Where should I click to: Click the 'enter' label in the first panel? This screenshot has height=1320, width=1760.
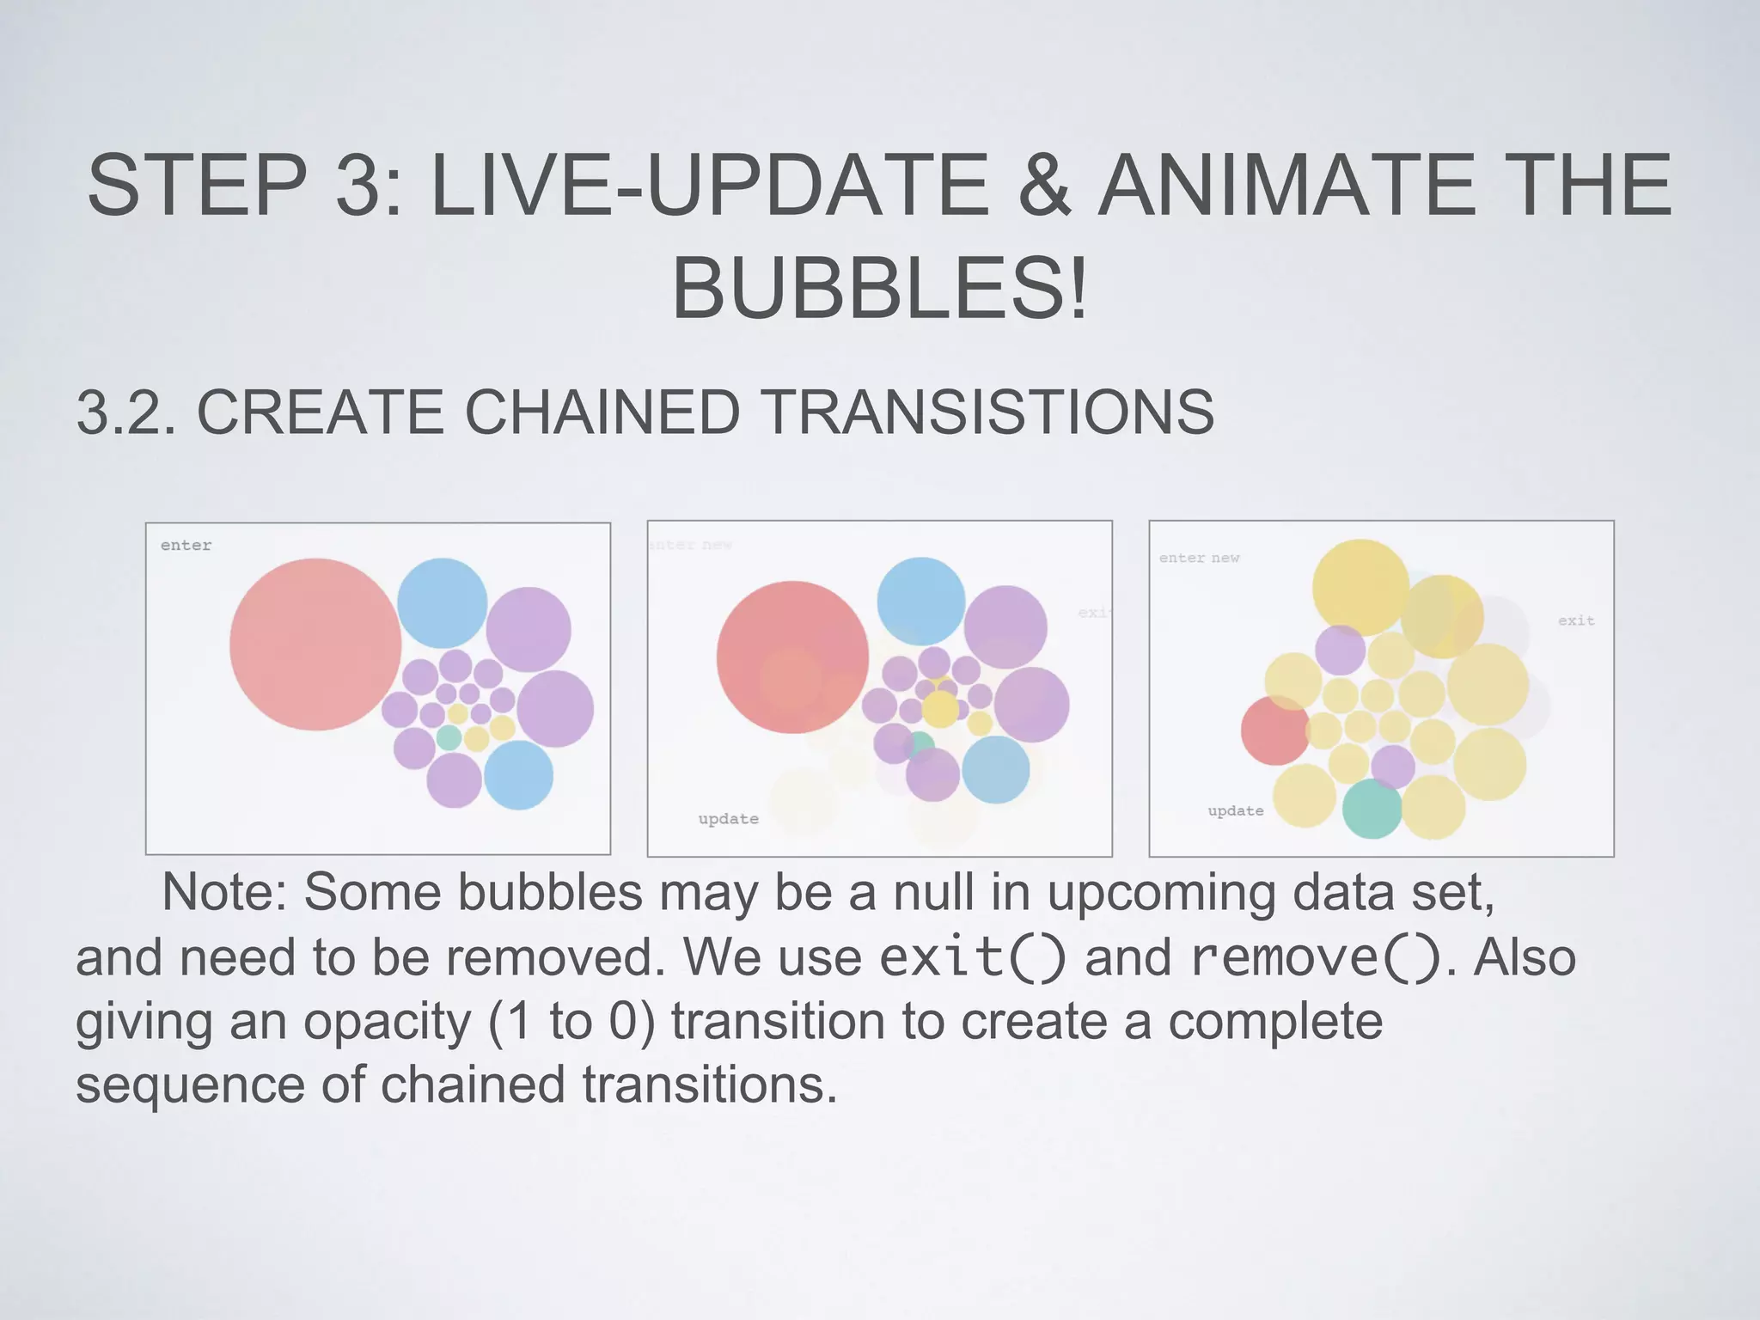point(186,546)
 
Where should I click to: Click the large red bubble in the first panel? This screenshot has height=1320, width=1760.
point(315,645)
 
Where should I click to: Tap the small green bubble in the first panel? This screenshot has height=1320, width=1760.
point(449,737)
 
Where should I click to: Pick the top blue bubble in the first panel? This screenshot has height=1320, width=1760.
point(442,602)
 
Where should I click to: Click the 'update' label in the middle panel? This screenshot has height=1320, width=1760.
point(728,819)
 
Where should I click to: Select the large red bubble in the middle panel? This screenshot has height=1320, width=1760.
point(791,657)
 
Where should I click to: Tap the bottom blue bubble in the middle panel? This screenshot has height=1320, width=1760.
point(995,769)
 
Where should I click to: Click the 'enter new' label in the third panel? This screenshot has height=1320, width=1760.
point(1199,559)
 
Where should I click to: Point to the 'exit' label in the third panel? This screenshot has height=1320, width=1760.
point(1576,620)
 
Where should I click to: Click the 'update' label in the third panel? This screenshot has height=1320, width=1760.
point(1235,811)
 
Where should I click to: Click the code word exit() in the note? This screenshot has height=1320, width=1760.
point(972,956)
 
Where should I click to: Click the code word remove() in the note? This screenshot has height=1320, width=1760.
point(1315,956)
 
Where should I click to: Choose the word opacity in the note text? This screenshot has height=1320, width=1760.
point(388,1021)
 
